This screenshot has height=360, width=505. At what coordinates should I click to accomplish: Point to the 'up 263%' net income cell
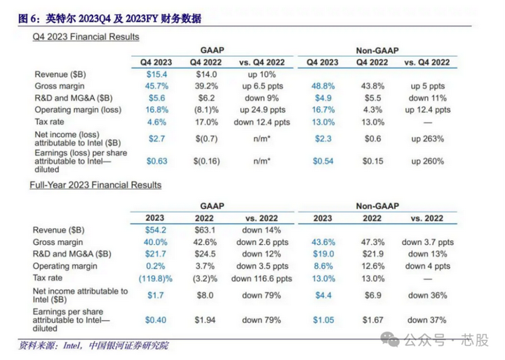tap(427, 139)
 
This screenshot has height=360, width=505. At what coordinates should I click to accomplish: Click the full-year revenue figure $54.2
tap(155, 229)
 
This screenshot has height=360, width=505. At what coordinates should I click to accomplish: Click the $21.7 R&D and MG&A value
tap(155, 253)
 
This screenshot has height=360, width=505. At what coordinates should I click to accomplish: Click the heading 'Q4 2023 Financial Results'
tap(86, 36)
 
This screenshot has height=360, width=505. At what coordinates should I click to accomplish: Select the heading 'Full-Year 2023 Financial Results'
tap(95, 185)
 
